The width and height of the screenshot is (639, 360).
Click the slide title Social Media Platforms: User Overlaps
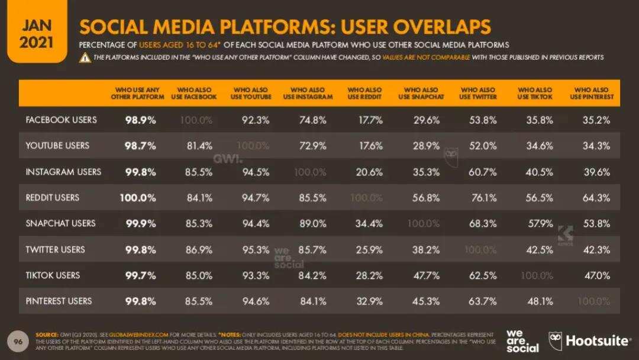[285, 27]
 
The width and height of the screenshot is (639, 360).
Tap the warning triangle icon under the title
[85, 57]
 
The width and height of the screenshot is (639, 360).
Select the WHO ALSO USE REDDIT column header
[364, 94]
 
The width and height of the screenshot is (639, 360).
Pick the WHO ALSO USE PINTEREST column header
[592, 94]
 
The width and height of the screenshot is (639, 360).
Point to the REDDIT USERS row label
[53, 198]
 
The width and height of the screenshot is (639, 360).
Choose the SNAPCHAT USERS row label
[60, 224]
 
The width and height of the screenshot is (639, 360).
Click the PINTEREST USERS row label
[59, 301]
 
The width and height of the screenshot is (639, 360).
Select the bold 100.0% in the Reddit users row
[138, 198]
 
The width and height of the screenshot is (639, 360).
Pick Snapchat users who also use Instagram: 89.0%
[312, 224]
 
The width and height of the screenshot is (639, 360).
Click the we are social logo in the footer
[523, 340]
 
